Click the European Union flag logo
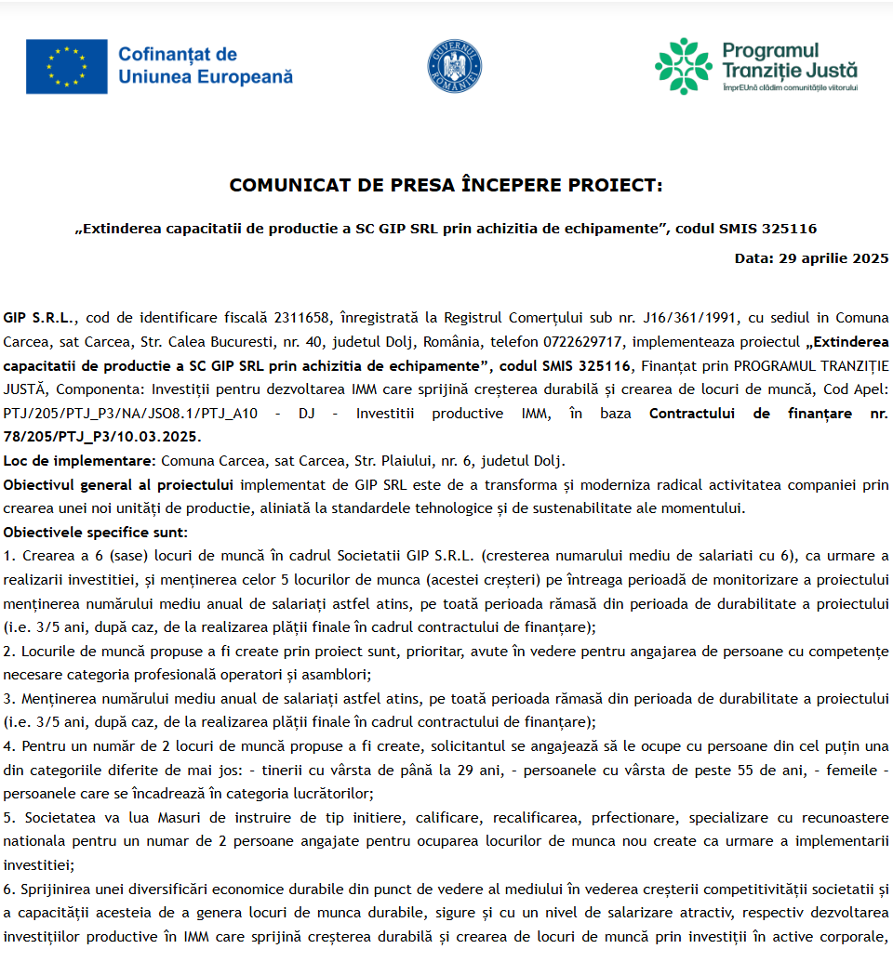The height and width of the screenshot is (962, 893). [x=66, y=66]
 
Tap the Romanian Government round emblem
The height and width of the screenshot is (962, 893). [x=454, y=66]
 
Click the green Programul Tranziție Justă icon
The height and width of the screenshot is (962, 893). [x=684, y=66]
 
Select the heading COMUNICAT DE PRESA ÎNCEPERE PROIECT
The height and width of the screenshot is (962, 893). [x=446, y=185]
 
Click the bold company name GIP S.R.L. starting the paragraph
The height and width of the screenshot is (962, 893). [x=36, y=317]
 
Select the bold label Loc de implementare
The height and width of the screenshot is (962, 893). [x=79, y=461]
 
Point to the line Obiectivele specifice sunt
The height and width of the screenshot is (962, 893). [x=95, y=533]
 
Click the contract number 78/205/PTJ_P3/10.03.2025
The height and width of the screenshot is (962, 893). [x=101, y=437]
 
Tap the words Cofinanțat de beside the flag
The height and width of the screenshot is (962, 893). [x=178, y=55]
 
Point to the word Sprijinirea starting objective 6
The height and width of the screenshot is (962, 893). [x=58, y=890]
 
